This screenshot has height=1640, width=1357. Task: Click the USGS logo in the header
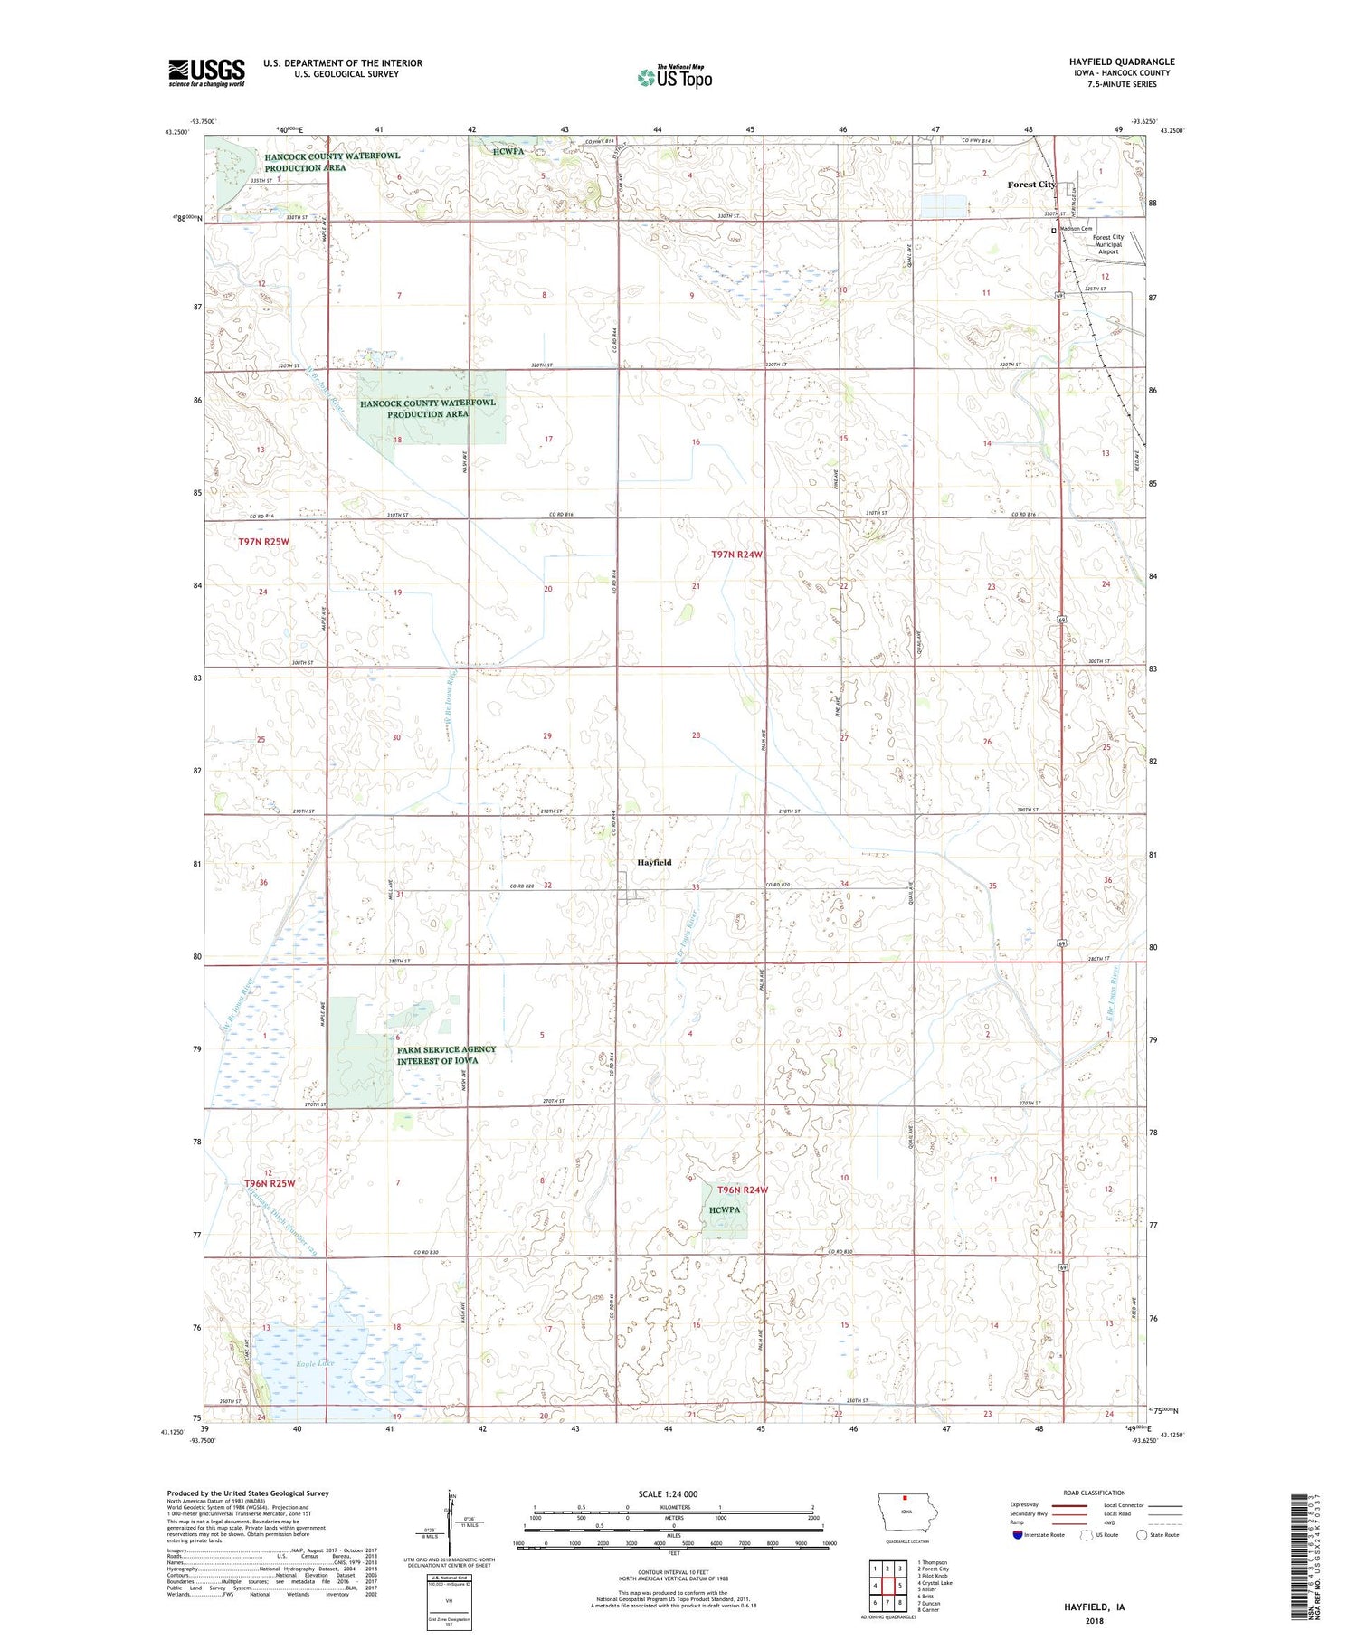[x=206, y=72]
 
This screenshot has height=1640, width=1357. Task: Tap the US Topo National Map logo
[x=675, y=77]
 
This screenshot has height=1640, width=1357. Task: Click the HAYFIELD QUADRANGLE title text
[x=1121, y=62]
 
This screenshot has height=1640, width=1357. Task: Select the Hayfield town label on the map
[x=654, y=862]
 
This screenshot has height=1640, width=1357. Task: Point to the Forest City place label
[x=1031, y=185]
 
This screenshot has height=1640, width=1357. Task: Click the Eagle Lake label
[x=313, y=1362]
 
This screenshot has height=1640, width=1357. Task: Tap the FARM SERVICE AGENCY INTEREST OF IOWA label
[x=446, y=1055]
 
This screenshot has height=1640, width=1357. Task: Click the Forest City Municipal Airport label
[x=1108, y=244]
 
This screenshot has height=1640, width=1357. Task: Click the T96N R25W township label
[x=270, y=1183]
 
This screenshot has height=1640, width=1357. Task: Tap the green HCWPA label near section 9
[x=725, y=1209]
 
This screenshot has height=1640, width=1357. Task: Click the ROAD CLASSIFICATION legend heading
[x=1095, y=1493]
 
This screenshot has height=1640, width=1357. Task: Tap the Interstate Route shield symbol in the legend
[x=1018, y=1535]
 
